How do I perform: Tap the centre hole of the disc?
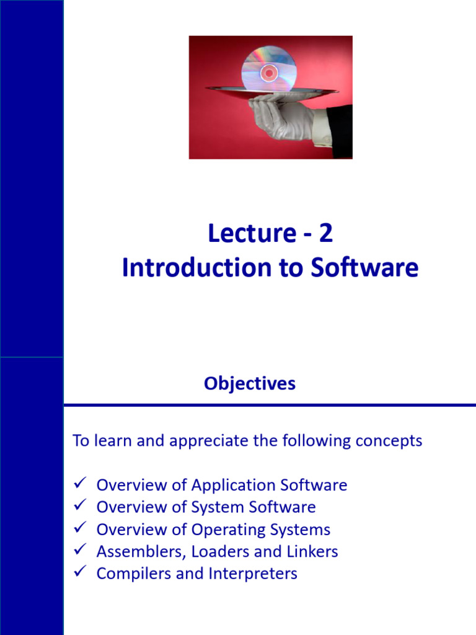[269, 73]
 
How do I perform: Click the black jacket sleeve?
[341, 130]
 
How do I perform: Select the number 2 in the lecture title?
[326, 234]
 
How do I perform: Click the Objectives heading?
[250, 384]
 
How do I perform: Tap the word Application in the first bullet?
[229, 485]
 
